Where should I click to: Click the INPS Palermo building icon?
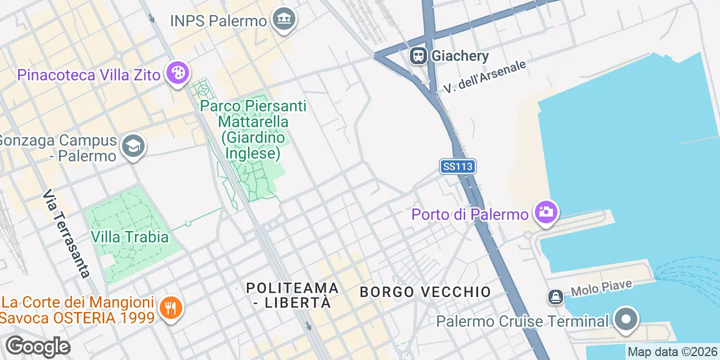[284, 20]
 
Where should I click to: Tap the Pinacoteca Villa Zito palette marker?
[178, 74]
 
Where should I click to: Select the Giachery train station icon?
[418, 56]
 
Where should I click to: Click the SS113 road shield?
[458, 166]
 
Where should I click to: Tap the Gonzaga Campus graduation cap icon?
[133, 147]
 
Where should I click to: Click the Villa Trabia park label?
[129, 237]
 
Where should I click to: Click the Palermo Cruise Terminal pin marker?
[625, 319]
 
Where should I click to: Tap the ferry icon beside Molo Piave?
[556, 297]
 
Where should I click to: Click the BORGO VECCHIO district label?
[425, 292]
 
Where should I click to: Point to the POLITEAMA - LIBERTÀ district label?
[292, 295]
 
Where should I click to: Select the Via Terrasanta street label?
[66, 233]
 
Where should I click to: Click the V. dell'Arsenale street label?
[484, 76]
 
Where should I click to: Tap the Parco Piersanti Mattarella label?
[253, 129]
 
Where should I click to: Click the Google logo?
[38, 346]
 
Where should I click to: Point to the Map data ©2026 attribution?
[673, 352]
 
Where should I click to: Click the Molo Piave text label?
[601, 289]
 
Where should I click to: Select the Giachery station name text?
[460, 56]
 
